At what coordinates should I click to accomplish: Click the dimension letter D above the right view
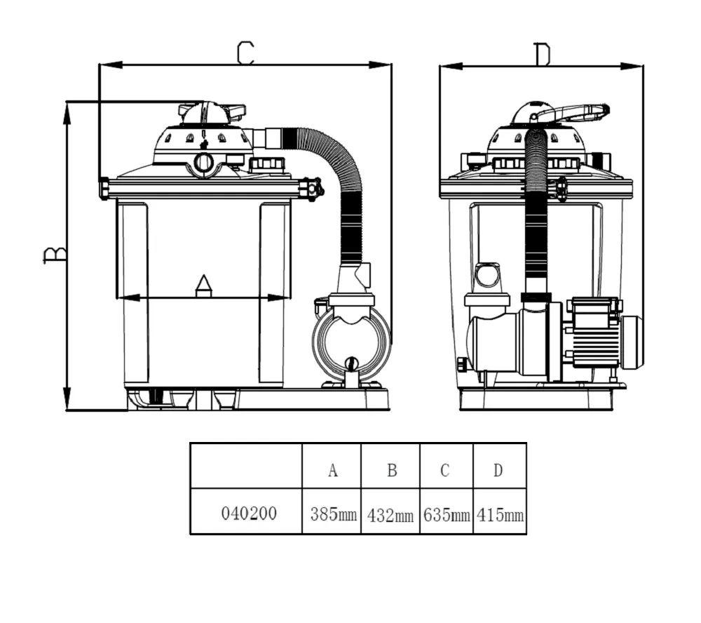(x=543, y=55)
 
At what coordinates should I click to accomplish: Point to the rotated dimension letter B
(x=55, y=255)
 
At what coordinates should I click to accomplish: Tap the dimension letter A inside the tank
(x=203, y=286)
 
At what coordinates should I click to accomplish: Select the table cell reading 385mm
(x=334, y=514)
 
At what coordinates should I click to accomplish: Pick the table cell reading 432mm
(x=390, y=516)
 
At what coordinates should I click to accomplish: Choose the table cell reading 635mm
(x=447, y=515)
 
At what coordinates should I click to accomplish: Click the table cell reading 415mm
(x=500, y=515)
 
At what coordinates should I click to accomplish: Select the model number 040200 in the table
(x=249, y=514)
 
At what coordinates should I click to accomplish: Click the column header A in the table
(x=332, y=470)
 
